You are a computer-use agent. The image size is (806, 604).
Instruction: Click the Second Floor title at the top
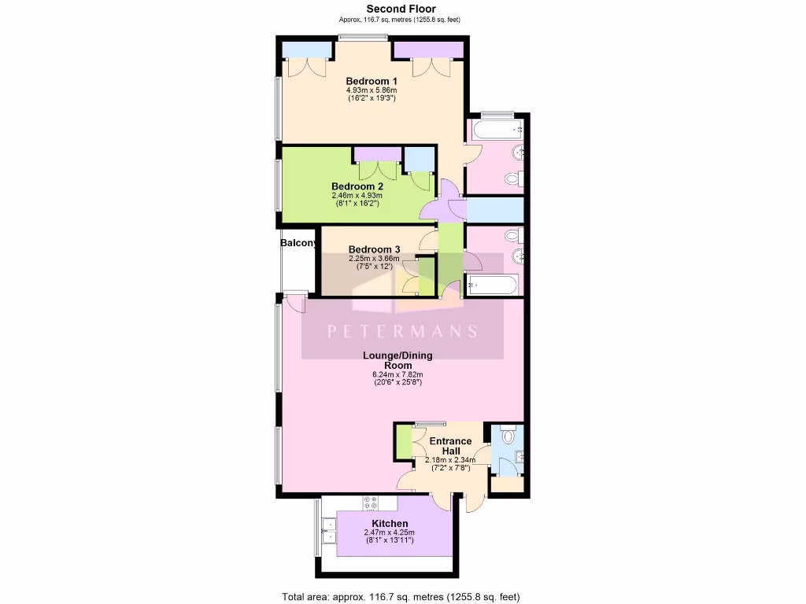coord(401,9)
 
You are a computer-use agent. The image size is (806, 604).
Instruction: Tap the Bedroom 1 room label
coord(372,81)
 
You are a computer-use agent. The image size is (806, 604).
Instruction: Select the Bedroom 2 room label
coord(357,186)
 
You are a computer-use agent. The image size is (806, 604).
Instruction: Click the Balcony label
coord(299,243)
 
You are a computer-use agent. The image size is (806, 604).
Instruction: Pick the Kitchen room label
coord(390,524)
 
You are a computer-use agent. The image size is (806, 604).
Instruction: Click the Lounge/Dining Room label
coord(397,360)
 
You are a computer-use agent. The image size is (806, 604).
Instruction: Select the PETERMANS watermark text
coord(402,331)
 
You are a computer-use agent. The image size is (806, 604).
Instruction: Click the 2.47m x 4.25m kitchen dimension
coord(390,533)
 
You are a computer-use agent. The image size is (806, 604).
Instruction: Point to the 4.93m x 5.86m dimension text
coord(372,90)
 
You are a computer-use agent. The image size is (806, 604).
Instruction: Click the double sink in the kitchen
coord(327,532)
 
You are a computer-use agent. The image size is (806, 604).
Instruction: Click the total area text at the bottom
coord(401,595)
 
